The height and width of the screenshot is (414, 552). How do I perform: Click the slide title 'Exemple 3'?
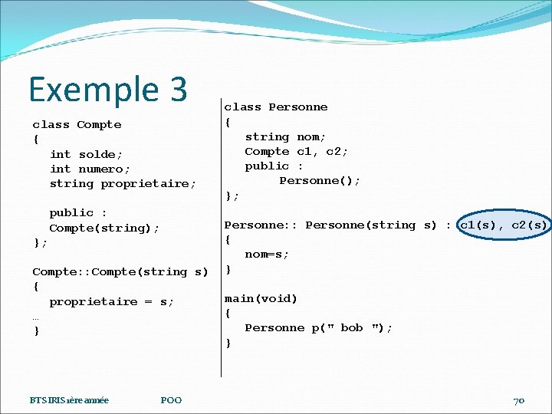(x=107, y=89)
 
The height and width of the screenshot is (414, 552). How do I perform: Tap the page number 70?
(x=519, y=400)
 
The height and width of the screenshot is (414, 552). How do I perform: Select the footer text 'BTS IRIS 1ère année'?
(x=69, y=400)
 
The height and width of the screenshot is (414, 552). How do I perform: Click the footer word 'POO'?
(x=172, y=400)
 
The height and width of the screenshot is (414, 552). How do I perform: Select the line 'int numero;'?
(x=90, y=169)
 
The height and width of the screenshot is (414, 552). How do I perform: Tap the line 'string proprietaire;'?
(x=123, y=183)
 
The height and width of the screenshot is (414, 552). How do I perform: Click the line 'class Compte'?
(x=77, y=124)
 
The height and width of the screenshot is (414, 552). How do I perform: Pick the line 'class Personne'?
(x=275, y=107)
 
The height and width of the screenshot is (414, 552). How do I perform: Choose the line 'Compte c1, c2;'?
(x=296, y=151)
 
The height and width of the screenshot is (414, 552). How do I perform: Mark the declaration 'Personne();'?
(x=320, y=180)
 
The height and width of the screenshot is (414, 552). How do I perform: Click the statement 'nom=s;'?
(x=267, y=254)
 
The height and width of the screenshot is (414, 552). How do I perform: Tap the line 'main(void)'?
(x=261, y=298)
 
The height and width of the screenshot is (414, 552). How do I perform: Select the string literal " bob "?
(x=352, y=327)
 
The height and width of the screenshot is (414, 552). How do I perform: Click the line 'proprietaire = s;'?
(x=111, y=301)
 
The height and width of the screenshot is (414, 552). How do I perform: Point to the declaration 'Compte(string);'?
(x=104, y=228)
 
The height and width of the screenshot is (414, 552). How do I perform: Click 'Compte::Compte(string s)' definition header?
(x=120, y=271)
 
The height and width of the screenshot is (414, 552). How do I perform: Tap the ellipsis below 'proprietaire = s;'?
(x=35, y=317)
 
